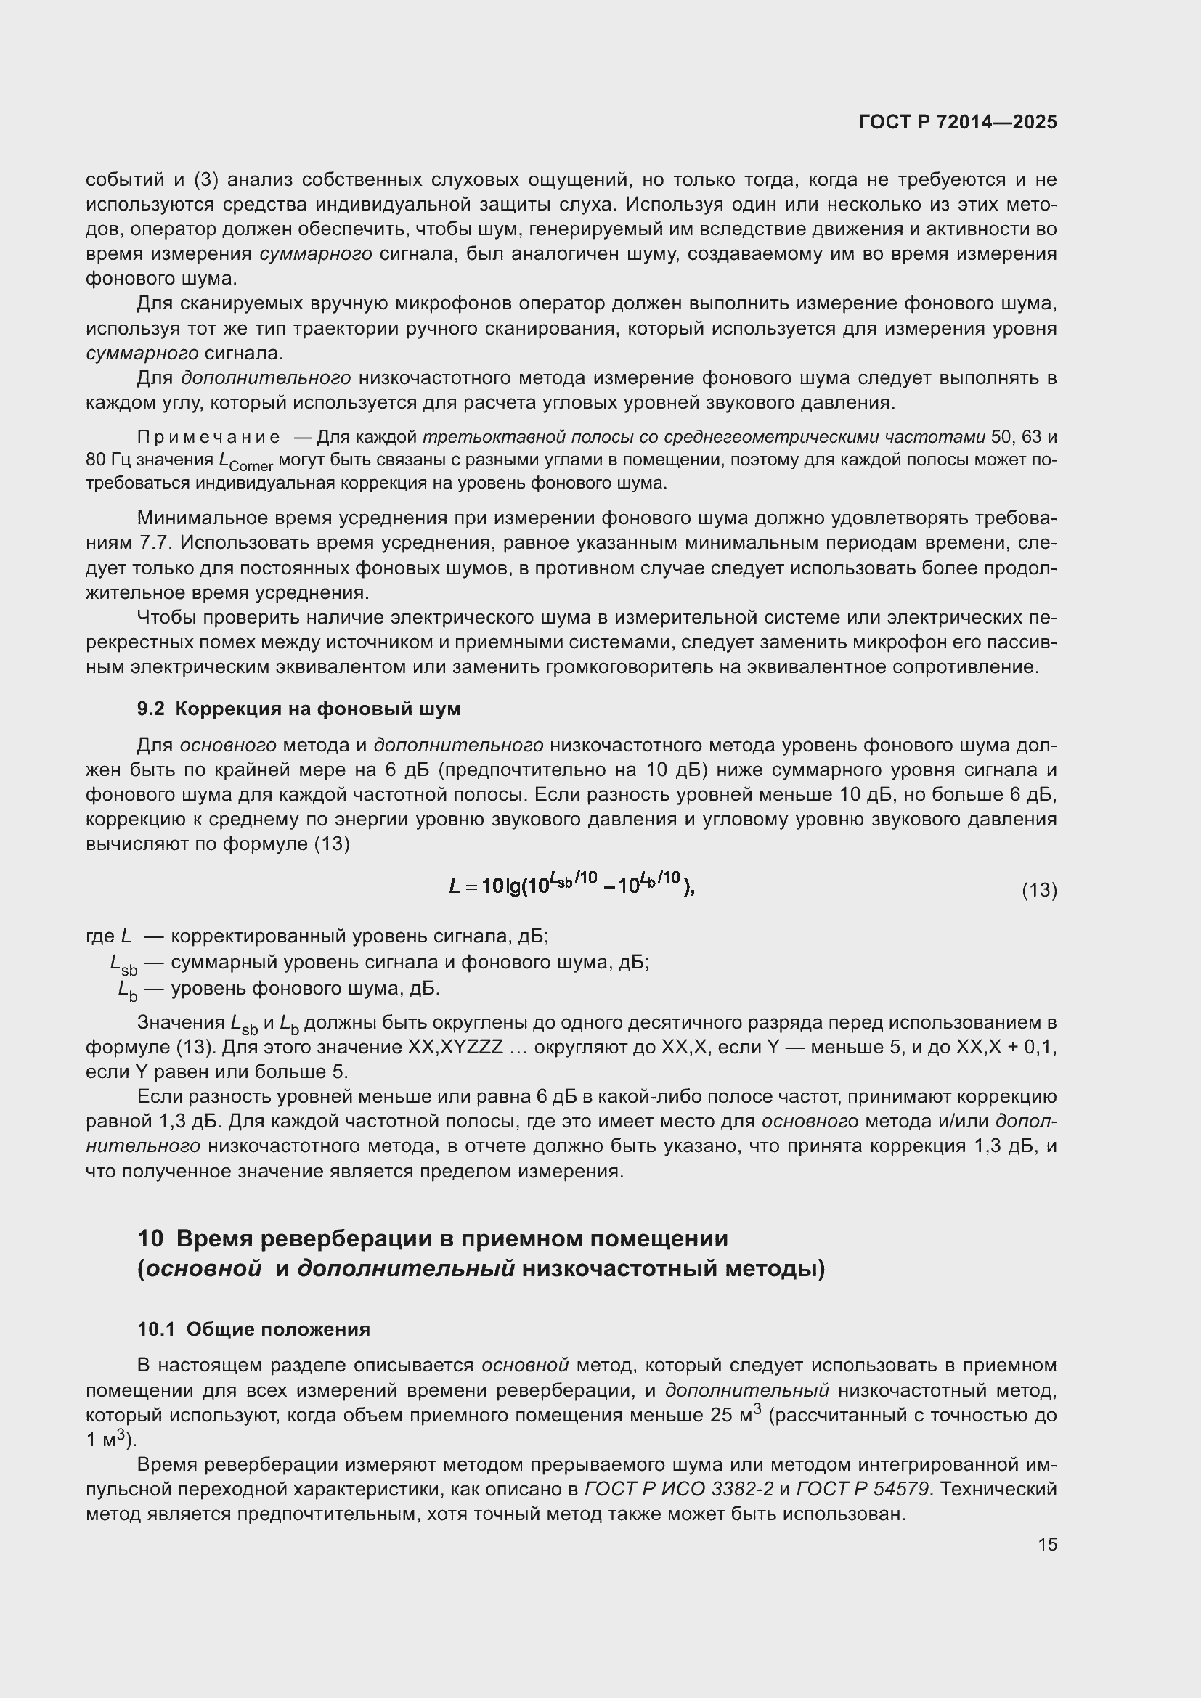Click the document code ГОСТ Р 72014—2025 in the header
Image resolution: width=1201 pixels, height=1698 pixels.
click(958, 123)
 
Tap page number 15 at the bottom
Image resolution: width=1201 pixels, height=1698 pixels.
click(1047, 1545)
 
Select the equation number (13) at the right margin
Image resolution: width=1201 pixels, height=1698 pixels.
click(1039, 891)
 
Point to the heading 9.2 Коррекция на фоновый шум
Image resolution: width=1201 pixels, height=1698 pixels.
click(298, 709)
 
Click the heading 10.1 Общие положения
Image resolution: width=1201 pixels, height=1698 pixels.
click(253, 1330)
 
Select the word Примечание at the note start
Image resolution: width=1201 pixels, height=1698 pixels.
click(208, 438)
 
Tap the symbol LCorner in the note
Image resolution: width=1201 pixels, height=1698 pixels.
click(246, 462)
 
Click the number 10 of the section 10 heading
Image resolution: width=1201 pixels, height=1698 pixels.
click(150, 1238)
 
